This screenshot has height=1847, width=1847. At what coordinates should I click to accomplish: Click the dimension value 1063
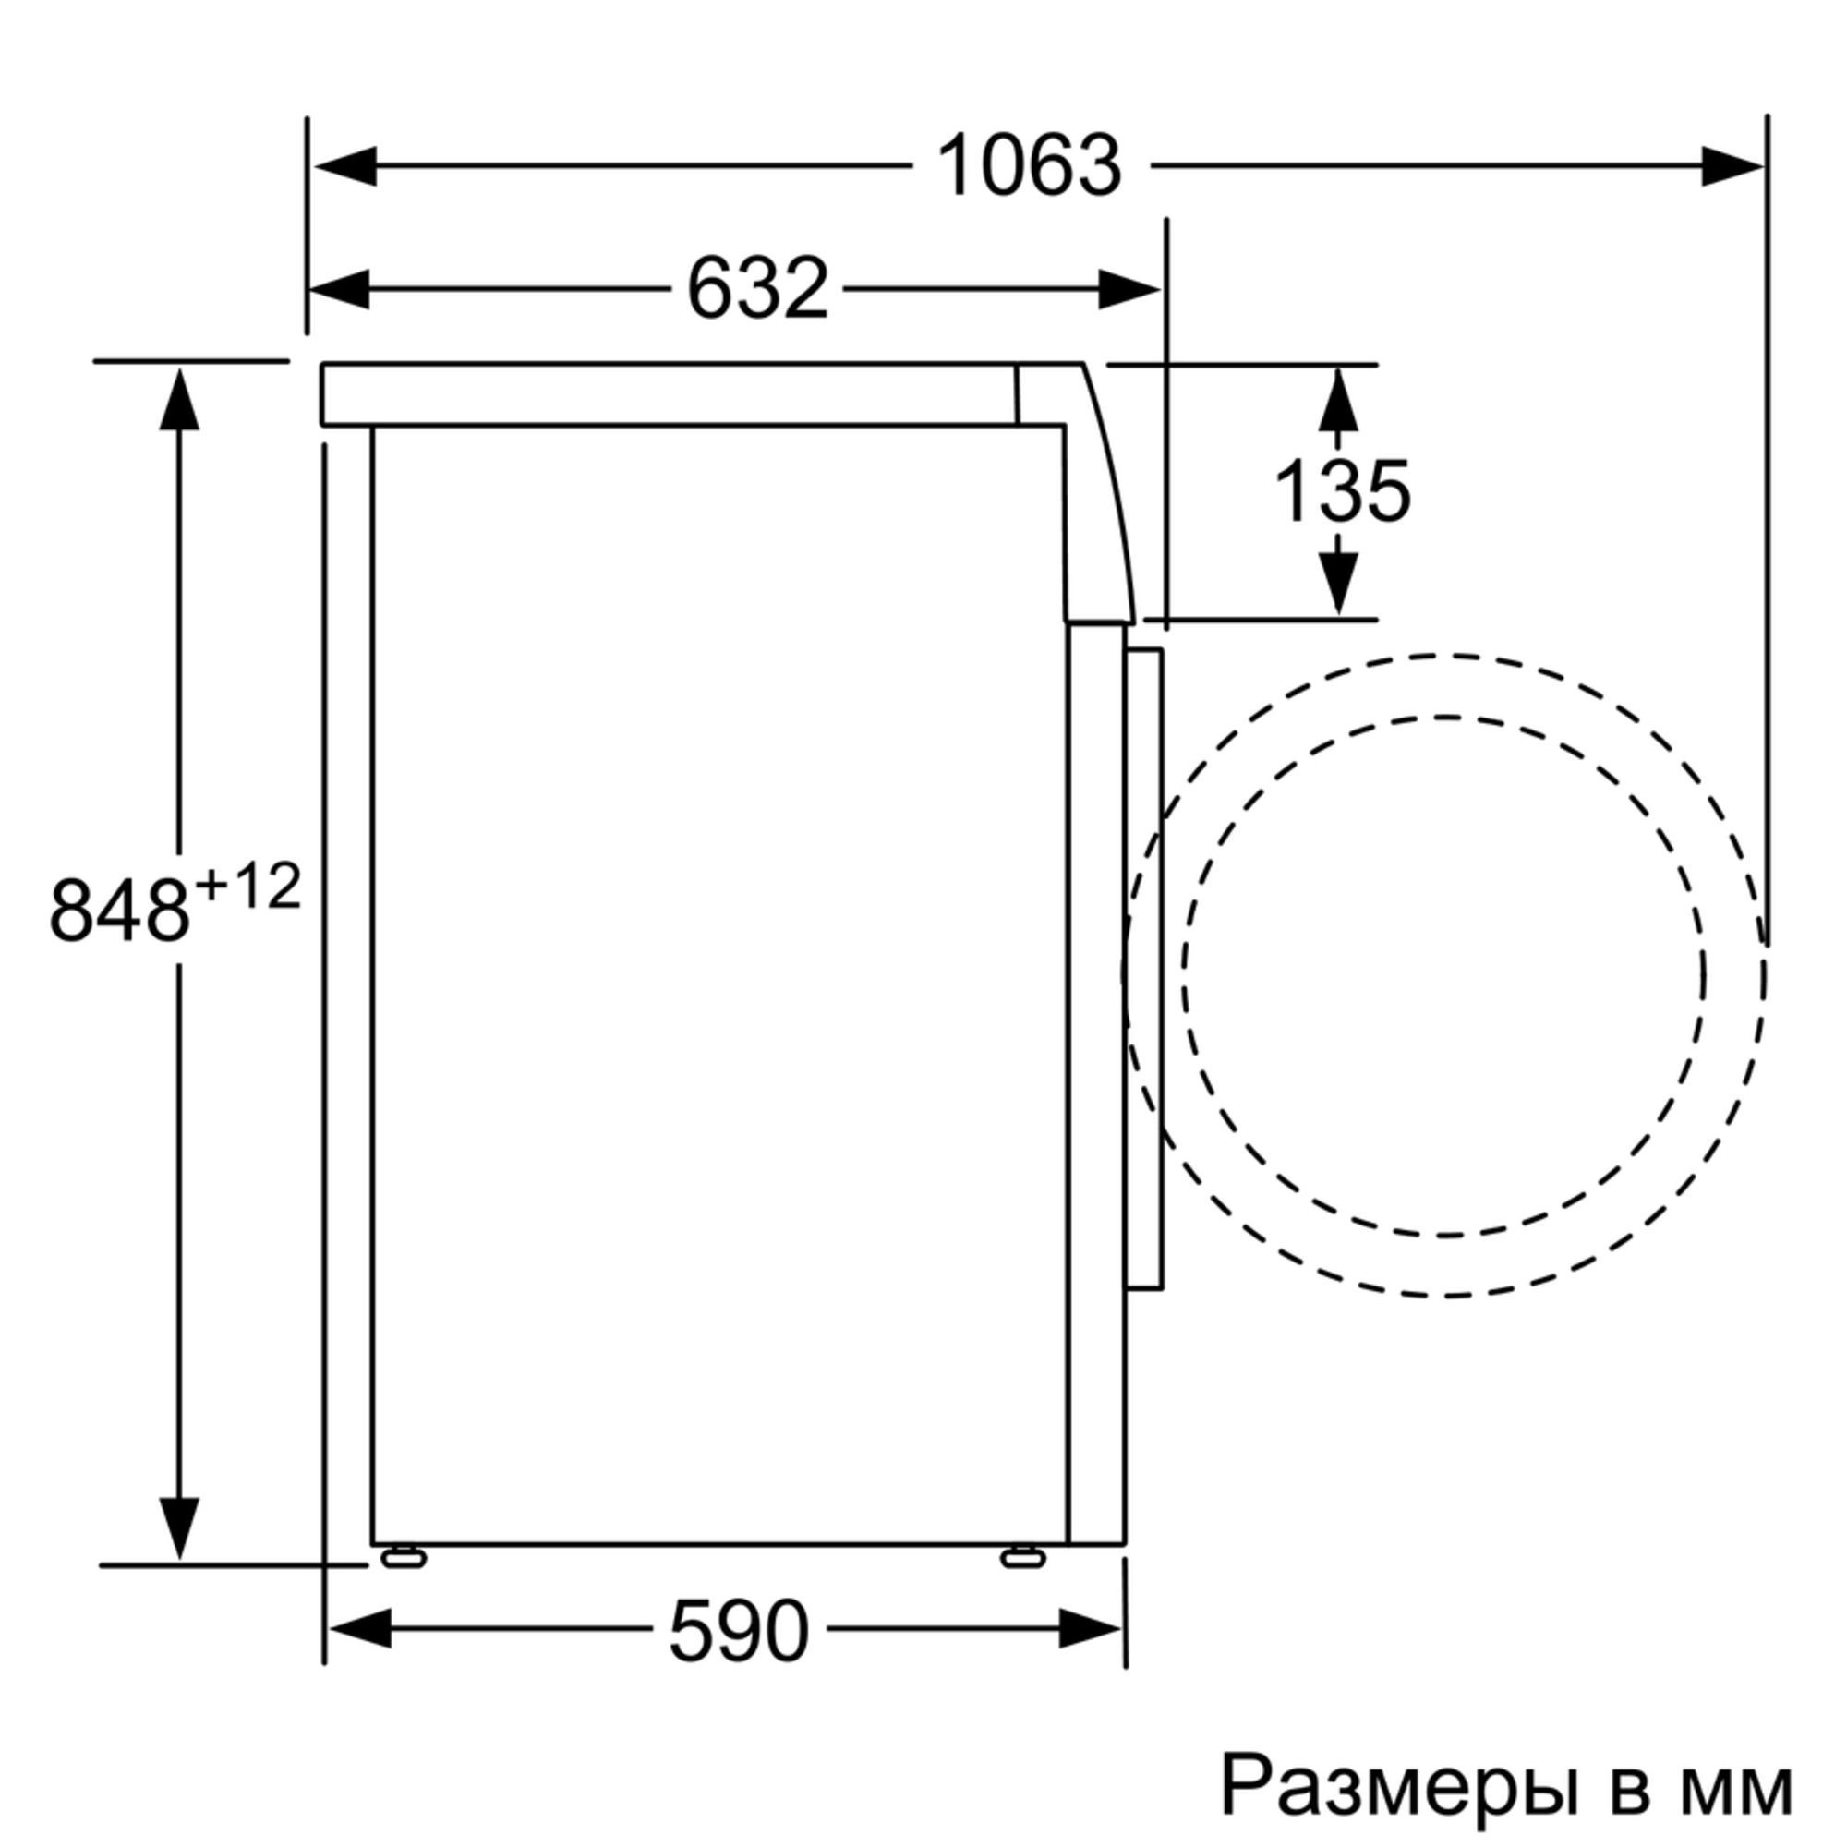click(1029, 166)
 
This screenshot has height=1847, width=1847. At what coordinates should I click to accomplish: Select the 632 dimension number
click(757, 289)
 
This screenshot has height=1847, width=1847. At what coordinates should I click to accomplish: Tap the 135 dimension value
click(1342, 491)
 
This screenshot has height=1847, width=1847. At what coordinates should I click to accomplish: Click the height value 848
click(119, 911)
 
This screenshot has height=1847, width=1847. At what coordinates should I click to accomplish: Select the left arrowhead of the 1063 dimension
click(345, 166)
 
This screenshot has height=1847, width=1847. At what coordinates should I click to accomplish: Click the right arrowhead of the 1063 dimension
click(1732, 166)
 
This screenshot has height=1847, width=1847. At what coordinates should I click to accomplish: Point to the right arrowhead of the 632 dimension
click(1129, 289)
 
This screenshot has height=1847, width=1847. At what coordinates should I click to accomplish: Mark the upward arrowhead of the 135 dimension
click(1337, 400)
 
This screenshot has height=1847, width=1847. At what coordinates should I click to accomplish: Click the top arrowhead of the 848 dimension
click(179, 400)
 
